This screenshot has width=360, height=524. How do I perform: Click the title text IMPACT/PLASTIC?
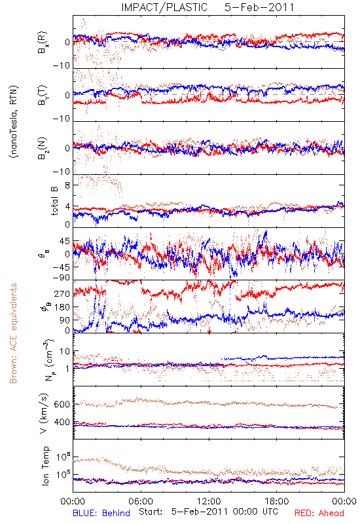pyautogui.click(x=164, y=7)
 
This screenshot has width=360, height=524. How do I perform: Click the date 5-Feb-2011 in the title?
pyautogui.click(x=259, y=7)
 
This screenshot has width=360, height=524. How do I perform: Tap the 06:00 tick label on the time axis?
pyautogui.click(x=141, y=501)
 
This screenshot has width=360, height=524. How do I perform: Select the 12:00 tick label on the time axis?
pyautogui.click(x=209, y=501)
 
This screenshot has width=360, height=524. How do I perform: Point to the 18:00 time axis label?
pyautogui.click(x=277, y=501)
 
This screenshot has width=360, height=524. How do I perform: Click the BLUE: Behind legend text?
pyautogui.click(x=101, y=513)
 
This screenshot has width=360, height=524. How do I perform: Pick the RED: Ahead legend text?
pyautogui.click(x=319, y=513)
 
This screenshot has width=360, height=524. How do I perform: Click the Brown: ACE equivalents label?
pyautogui.click(x=13, y=333)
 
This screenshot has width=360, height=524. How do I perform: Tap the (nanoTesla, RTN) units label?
pyautogui.click(x=14, y=122)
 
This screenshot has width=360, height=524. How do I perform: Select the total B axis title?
pyautogui.click(x=54, y=201)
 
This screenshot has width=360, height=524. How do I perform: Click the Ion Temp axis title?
pyautogui.click(x=45, y=466)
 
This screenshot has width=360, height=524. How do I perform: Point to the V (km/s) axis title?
pyautogui.click(x=44, y=413)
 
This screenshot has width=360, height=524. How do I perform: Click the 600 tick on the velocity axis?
pyautogui.click(x=62, y=404)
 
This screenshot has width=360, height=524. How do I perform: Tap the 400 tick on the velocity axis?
pyautogui.click(x=62, y=422)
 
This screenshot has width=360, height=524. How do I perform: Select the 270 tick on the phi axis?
pyautogui.click(x=62, y=293)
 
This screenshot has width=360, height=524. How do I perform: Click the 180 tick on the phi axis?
pyautogui.click(x=62, y=307)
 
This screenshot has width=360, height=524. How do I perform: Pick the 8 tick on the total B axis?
pyautogui.click(x=67, y=185)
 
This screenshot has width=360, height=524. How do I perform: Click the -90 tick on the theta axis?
pyautogui.click(x=62, y=278)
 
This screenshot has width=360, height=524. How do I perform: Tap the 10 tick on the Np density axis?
pyautogui.click(x=65, y=351)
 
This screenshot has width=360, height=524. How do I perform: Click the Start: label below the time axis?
pyautogui.click(x=151, y=512)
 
